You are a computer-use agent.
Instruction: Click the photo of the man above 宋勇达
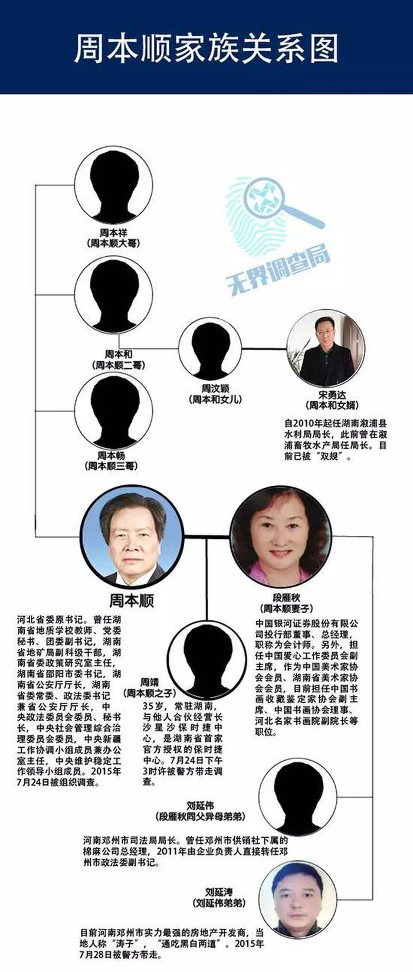pyautogui.click(x=326, y=348)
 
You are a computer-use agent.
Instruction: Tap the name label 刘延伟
pyautogui.click(x=201, y=806)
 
